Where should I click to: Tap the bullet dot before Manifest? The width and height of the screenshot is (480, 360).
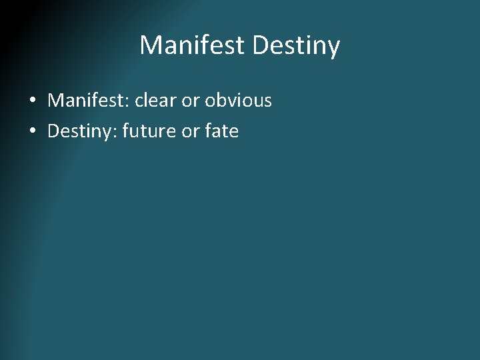point(32,101)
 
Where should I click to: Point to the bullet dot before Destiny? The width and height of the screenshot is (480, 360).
point(32,132)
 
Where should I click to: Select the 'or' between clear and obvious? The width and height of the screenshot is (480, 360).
point(191,101)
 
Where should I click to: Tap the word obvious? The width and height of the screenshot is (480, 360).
point(239,101)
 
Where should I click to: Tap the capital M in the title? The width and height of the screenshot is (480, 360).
point(149,45)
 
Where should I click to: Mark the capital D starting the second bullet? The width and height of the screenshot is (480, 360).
point(53,131)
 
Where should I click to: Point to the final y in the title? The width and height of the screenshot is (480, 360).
point(334,48)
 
